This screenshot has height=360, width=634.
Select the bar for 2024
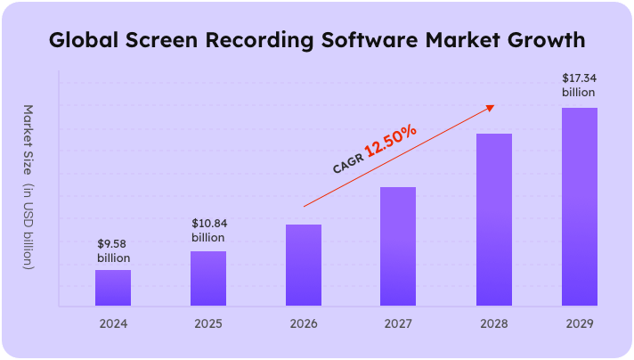(x=113, y=288)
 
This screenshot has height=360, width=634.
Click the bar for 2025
(x=208, y=278)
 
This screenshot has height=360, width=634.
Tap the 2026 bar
(x=304, y=265)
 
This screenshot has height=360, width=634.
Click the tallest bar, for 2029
(x=579, y=207)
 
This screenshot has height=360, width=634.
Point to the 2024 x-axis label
(x=113, y=323)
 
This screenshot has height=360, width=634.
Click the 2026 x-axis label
(x=304, y=323)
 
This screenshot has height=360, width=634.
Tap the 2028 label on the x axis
(x=494, y=323)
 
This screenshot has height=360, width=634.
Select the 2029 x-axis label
(x=579, y=323)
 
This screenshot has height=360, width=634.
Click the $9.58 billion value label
(x=113, y=250)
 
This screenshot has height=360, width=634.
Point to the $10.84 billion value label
(x=208, y=230)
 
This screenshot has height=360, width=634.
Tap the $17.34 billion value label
(x=579, y=86)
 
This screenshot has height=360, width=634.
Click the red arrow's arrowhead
(x=488, y=108)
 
